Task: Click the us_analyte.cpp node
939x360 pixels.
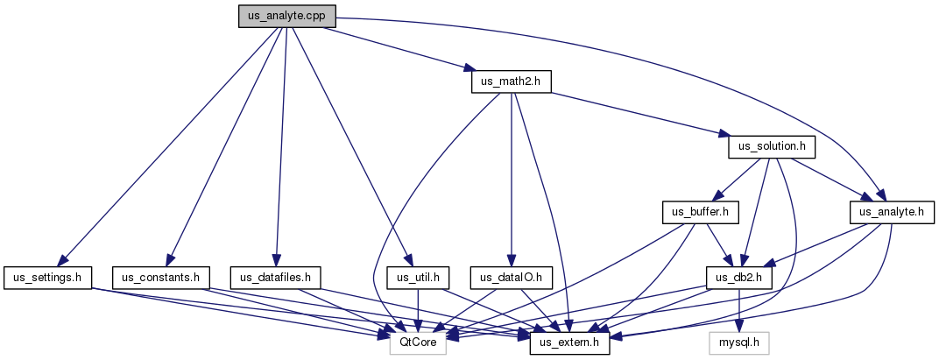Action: (287, 17)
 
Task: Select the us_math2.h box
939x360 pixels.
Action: (512, 81)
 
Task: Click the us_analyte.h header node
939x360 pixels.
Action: (891, 212)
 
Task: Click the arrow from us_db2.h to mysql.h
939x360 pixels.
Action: (739, 310)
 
